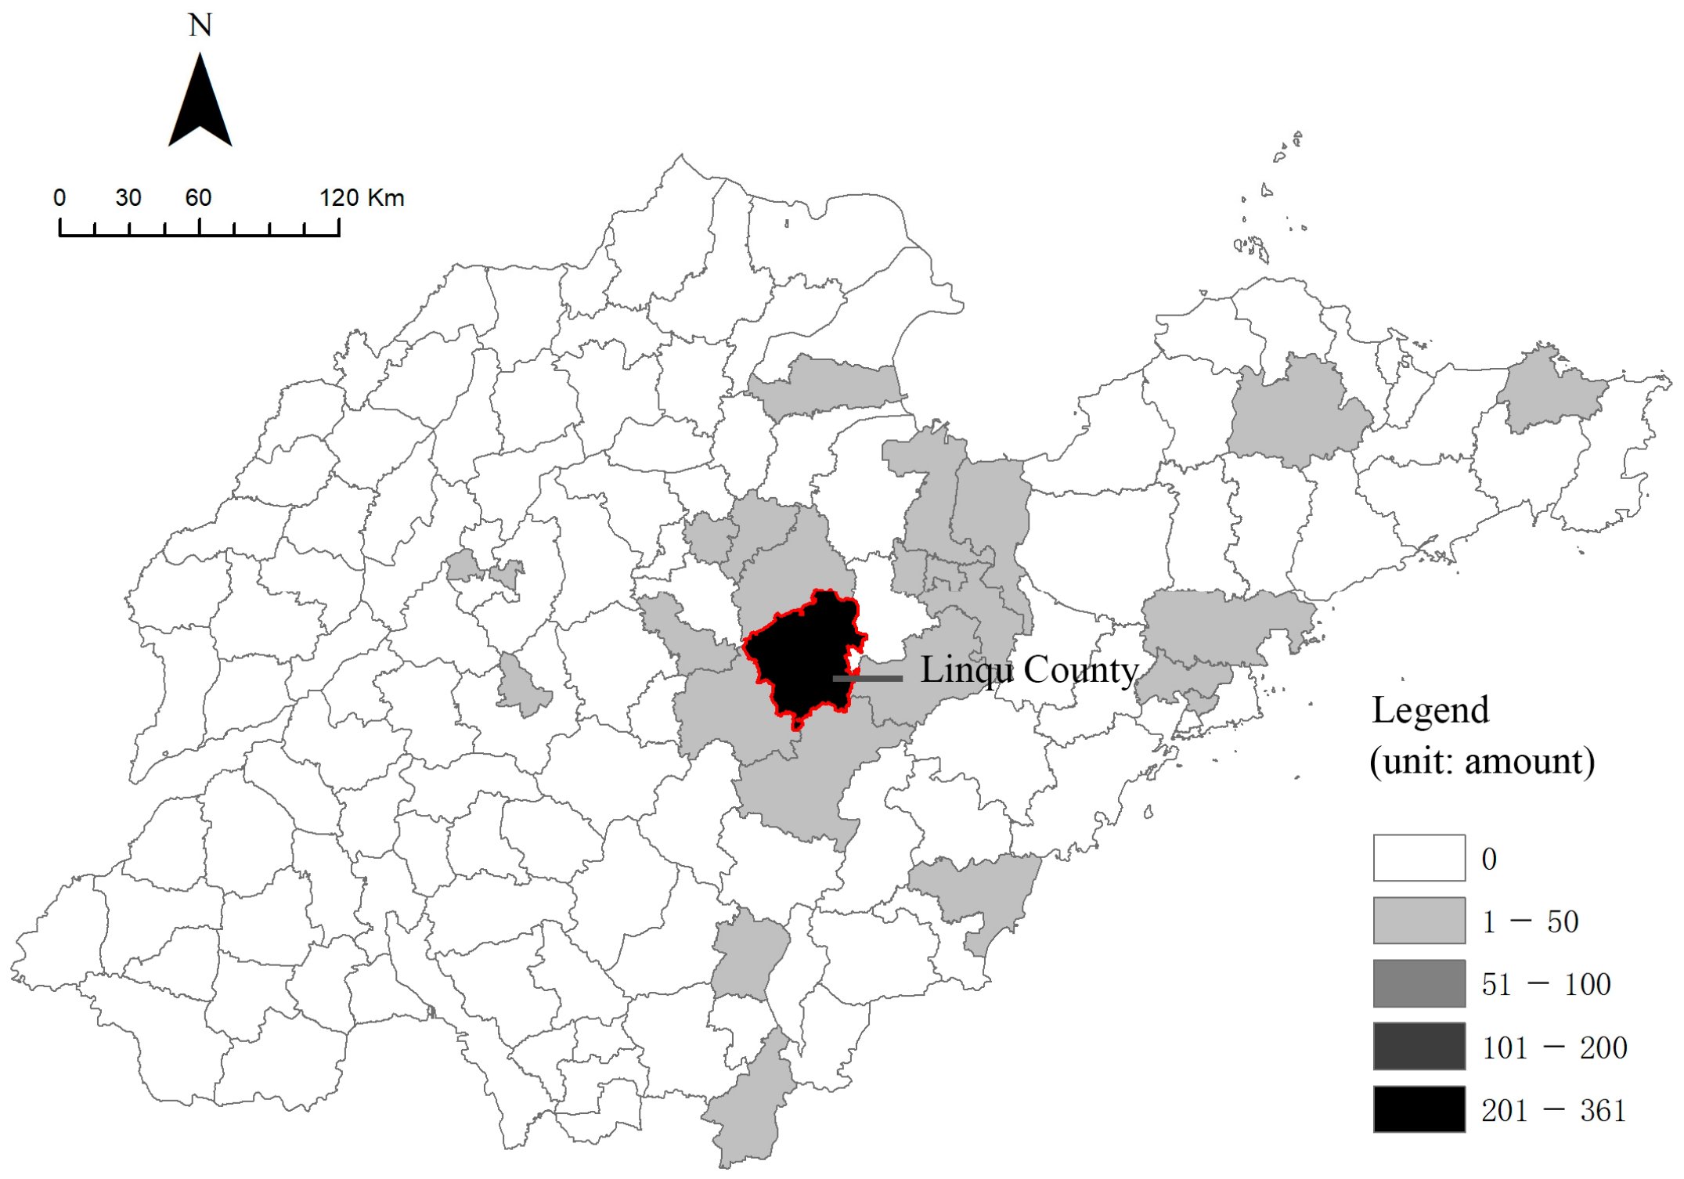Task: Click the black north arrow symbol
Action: (x=200, y=106)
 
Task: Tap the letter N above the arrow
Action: (x=200, y=26)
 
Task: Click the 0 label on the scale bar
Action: (x=59, y=197)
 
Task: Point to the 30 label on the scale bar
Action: (x=128, y=197)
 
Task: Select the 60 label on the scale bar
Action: (x=198, y=197)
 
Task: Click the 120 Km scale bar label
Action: (x=362, y=197)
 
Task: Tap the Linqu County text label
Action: (x=1029, y=670)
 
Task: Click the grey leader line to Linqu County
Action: (x=867, y=678)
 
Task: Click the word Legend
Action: (x=1430, y=711)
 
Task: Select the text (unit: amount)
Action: (x=1482, y=761)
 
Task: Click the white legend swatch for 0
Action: (x=1419, y=858)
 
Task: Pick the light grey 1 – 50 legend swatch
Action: (x=1419, y=921)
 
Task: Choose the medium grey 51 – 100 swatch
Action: (x=1419, y=983)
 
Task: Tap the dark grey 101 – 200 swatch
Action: (x=1419, y=1046)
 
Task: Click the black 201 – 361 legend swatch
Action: (x=1419, y=1109)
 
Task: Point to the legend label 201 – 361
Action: (x=1553, y=1111)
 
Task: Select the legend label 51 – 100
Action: (x=1546, y=985)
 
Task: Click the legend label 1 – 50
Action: (x=1530, y=922)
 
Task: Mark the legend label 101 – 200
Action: (x=1554, y=1048)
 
